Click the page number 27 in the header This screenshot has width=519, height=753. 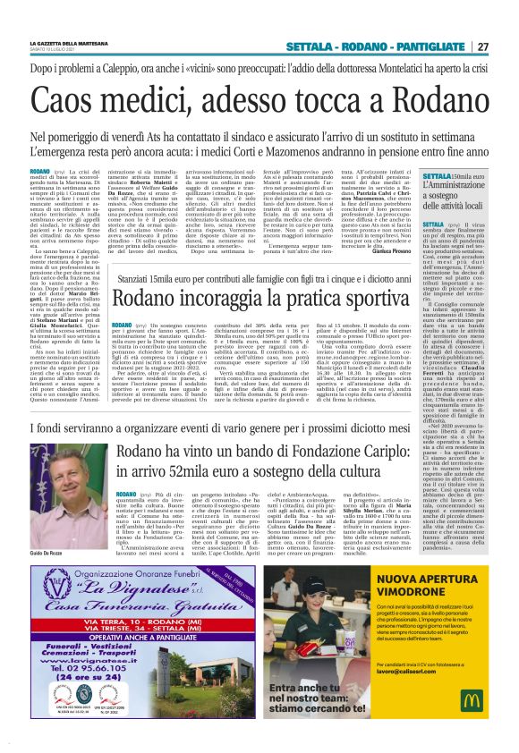click(482, 47)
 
